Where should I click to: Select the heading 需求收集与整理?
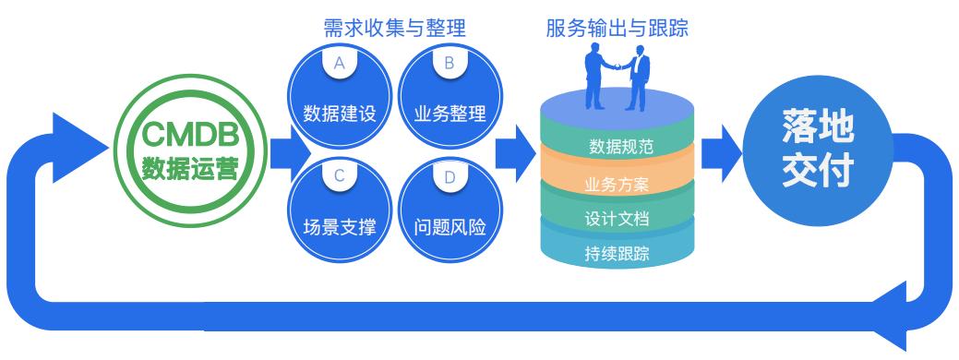click(x=394, y=28)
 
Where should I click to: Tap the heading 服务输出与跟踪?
click(x=617, y=28)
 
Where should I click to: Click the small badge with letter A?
click(x=339, y=65)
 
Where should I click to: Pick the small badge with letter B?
click(x=450, y=65)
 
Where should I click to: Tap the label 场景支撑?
click(x=339, y=227)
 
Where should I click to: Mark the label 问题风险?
click(x=450, y=227)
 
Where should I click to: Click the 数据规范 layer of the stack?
click(x=617, y=146)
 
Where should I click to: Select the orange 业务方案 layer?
click(x=617, y=183)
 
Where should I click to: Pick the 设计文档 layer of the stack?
click(x=617, y=219)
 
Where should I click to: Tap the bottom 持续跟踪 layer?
click(x=617, y=253)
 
